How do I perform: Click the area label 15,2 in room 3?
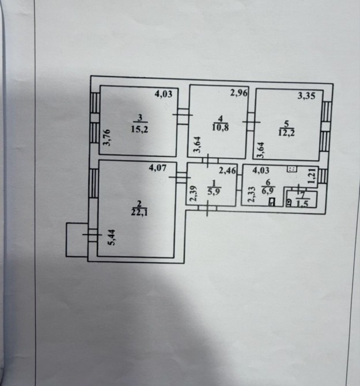click(x=139, y=129)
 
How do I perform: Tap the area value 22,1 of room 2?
click(x=139, y=212)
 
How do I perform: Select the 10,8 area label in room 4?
click(x=220, y=127)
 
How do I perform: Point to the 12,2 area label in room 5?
click(x=286, y=133)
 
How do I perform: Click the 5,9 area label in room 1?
click(x=214, y=191)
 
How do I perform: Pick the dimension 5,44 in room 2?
click(x=112, y=237)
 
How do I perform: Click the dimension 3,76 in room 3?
click(x=107, y=138)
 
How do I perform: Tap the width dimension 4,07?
click(x=158, y=168)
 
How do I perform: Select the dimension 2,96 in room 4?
click(x=238, y=93)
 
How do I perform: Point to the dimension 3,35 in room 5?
click(x=306, y=96)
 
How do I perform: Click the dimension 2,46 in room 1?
click(x=228, y=171)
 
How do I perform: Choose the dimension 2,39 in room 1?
click(x=194, y=194)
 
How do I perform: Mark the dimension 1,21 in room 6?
click(x=312, y=177)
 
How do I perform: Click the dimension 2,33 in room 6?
click(x=251, y=195)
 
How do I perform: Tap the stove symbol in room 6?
click(x=292, y=169)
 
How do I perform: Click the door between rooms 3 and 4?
click(x=183, y=115)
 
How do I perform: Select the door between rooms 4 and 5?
click(x=251, y=122)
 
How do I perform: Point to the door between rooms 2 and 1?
click(x=181, y=177)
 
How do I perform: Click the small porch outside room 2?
click(x=77, y=240)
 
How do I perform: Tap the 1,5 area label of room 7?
click(x=302, y=204)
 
